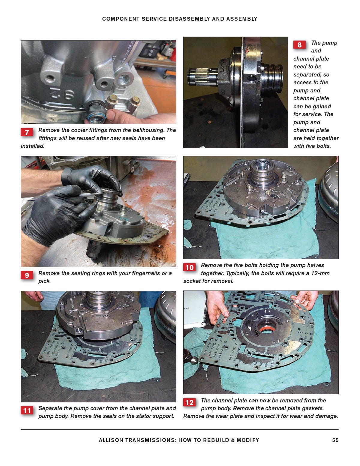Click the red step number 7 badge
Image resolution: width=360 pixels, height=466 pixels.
27,132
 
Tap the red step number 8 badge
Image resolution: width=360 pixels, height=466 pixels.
299,45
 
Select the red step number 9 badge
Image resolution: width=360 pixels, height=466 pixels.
27,275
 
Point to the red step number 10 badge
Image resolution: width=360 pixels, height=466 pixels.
189,267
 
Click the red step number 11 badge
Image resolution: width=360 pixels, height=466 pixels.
27,411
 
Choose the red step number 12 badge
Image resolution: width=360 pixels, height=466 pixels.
189,402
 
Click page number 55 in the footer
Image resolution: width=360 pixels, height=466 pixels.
335,440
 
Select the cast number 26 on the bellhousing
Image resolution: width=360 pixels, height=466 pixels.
62,94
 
